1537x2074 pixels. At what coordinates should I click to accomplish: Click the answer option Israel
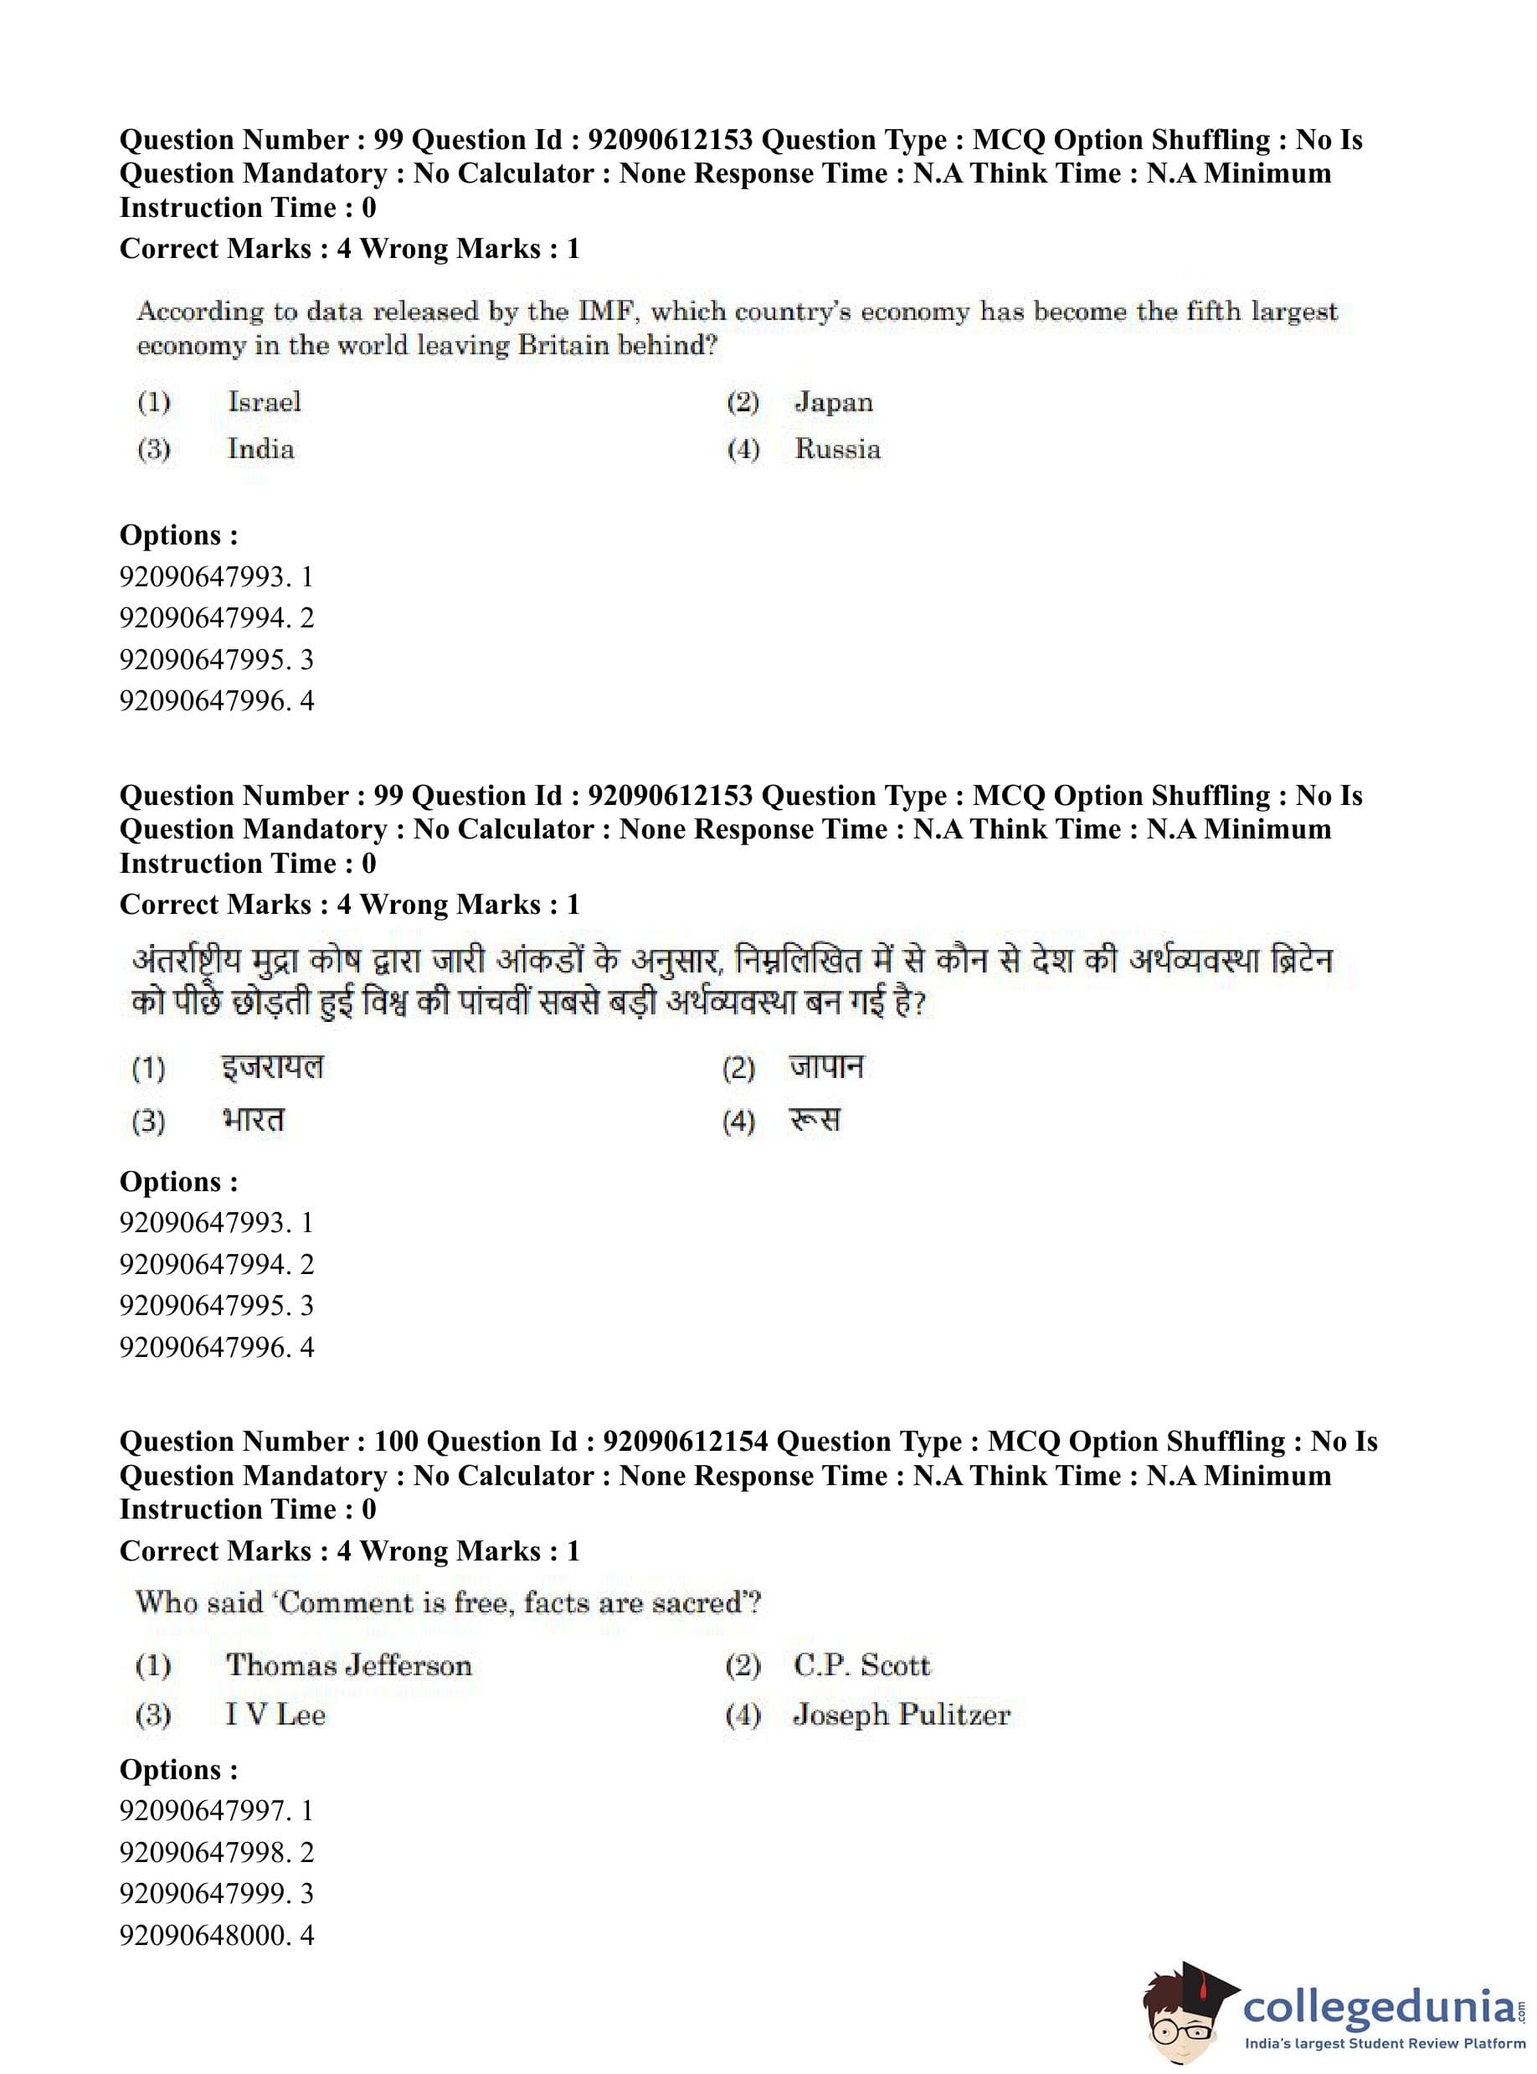265,402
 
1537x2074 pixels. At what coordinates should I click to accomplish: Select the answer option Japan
834,402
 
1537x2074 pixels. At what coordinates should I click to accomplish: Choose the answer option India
260,449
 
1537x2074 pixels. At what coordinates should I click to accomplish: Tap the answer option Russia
837,449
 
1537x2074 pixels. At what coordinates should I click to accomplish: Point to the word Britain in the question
563,345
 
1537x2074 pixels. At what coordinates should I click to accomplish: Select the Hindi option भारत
253,1119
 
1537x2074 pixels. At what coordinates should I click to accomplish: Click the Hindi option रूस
815,1119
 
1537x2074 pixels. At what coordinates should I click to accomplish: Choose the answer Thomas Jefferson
349,1664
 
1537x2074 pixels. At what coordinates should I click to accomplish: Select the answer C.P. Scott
861,1664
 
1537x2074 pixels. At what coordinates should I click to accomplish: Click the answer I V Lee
275,1714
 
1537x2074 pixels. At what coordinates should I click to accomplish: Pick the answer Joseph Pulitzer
901,1714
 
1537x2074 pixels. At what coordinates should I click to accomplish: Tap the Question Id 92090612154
686,1441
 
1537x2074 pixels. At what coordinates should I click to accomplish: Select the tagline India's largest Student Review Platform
1385,2043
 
